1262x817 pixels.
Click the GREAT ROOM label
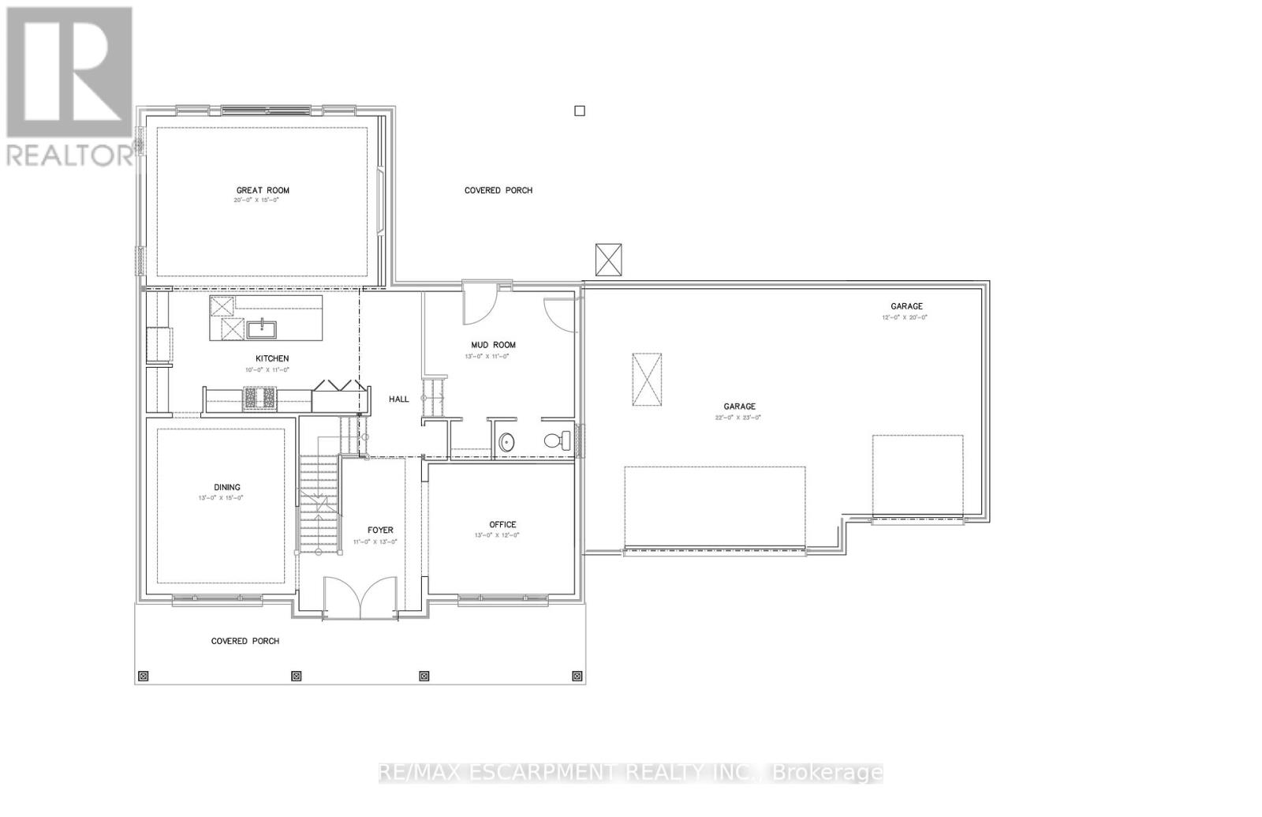coord(263,190)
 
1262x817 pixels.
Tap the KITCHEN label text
coord(271,358)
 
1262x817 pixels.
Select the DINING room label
coord(226,487)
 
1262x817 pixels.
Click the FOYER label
coord(380,530)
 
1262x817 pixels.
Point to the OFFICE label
coord(502,524)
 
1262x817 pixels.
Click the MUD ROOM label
coord(493,345)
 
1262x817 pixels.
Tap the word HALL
coord(399,399)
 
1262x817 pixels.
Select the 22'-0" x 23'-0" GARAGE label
coord(739,407)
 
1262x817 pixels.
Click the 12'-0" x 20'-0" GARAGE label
coord(906,306)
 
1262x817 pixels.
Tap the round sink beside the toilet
coord(507,442)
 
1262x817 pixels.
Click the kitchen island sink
coord(258,328)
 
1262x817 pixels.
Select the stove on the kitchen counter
coord(259,399)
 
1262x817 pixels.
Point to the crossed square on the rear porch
coord(609,260)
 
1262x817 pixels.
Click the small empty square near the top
coord(580,111)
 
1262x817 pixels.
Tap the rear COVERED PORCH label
coord(498,190)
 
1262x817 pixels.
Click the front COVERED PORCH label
coord(245,641)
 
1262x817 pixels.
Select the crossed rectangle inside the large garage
coord(647,380)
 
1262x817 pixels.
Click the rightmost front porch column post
coord(577,676)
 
